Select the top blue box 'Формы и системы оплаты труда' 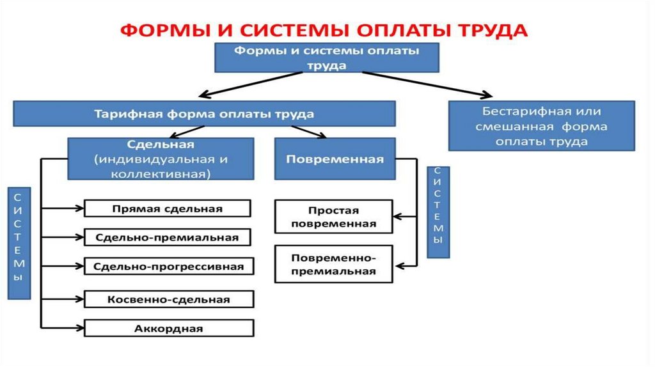[x=326, y=58]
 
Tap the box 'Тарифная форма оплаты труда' [x=205, y=114]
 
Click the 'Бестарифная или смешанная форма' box [x=542, y=126]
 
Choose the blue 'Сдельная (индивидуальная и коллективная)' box [x=160, y=159]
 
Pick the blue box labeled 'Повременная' [x=335, y=159]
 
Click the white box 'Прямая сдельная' [x=167, y=208]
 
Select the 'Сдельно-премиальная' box [x=167, y=237]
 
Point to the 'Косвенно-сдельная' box [x=169, y=299]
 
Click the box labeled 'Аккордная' [x=169, y=329]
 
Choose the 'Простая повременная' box [x=333, y=217]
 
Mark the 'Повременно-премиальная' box [x=333, y=264]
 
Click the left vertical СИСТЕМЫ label [x=20, y=243]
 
